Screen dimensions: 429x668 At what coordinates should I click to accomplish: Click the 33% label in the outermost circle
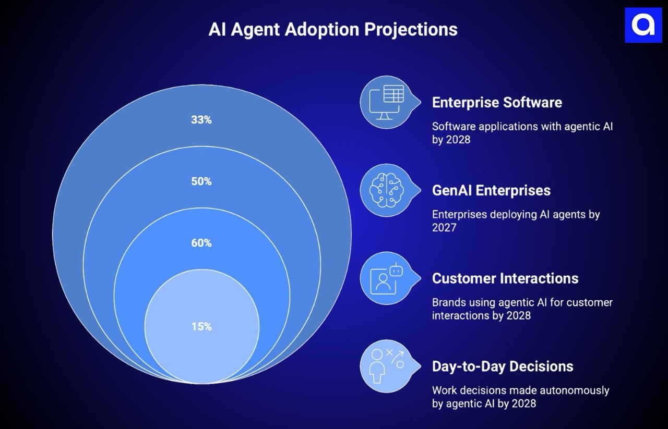pos(201,120)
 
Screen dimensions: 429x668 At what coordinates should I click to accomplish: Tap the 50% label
pos(201,181)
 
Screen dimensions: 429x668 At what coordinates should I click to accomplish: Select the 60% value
pos(201,243)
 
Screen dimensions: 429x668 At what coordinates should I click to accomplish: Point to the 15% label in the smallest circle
pos(201,327)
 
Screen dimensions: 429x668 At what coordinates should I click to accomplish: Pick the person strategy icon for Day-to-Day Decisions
pos(386,366)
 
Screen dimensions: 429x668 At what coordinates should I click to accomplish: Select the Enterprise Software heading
pos(497,102)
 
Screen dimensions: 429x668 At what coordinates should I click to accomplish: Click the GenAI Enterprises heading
pos(491,190)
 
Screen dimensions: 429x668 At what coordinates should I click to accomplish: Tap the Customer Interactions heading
pos(505,278)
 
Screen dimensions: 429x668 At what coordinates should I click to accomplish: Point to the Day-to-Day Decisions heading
pos(503,366)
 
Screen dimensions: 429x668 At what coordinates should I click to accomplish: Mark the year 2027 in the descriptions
pos(444,227)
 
